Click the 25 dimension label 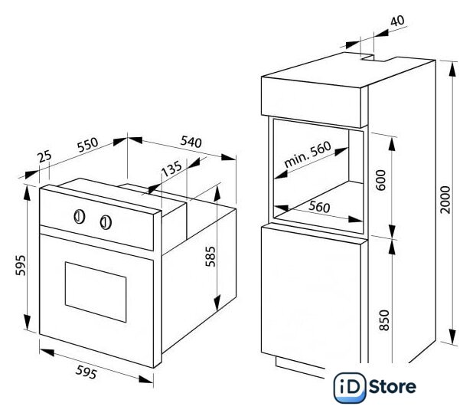45,156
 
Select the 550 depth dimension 88,145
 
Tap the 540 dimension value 191,142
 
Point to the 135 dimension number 171,168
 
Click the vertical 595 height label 21,265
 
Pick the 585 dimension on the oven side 210,257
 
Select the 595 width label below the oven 86,372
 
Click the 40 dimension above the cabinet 397,21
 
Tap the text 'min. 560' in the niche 308,155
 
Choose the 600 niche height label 382,180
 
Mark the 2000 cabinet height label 445,199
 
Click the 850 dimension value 384,320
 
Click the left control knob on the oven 80,217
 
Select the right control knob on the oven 106,222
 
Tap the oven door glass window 96,292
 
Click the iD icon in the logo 350,388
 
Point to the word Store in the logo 393,387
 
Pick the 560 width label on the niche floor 319,207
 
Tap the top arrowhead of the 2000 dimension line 452,70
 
